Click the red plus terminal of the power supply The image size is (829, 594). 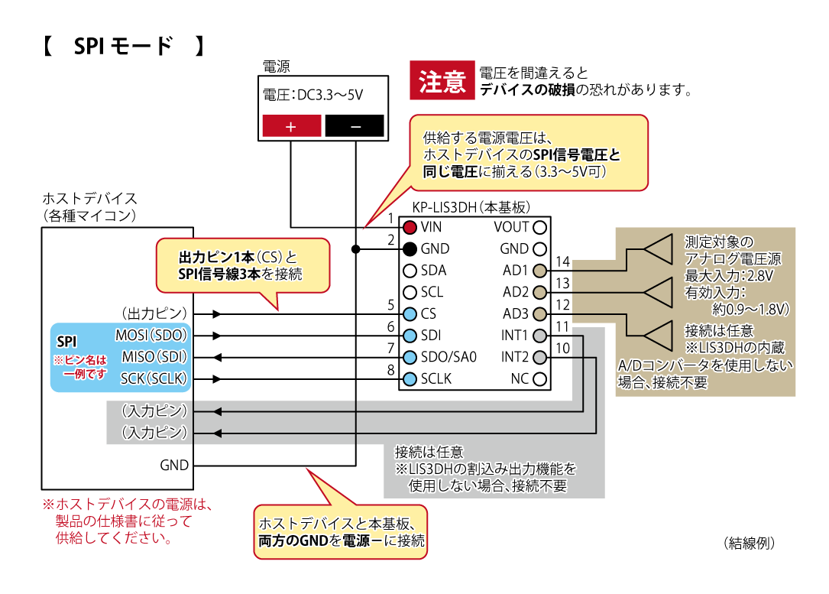coord(291,126)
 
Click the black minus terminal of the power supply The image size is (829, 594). coord(355,126)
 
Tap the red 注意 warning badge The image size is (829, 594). coord(442,80)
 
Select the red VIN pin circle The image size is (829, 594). coord(410,227)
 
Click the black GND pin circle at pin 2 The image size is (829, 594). coord(410,248)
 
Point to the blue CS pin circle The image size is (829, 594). coord(410,313)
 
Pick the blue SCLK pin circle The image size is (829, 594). coord(410,378)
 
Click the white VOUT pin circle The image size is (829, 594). coord(540,227)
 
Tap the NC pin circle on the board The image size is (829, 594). coord(540,379)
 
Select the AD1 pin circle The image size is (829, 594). coord(540,271)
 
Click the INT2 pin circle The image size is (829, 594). coord(540,357)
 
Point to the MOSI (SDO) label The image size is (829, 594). coord(151,335)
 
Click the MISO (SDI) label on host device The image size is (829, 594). coord(151,357)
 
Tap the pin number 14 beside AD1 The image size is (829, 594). coord(563,262)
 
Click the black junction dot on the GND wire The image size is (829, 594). coord(355,248)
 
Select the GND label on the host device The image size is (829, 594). coord(173,465)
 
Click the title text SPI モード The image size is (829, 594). coord(123,47)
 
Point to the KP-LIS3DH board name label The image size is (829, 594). coord(471,207)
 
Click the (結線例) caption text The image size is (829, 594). coord(749,543)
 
